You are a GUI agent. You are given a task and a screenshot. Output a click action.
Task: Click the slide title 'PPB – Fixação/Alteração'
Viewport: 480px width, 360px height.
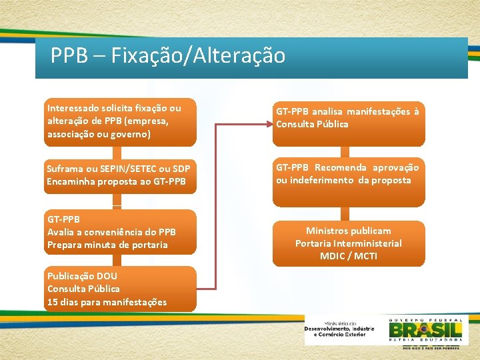click(168, 55)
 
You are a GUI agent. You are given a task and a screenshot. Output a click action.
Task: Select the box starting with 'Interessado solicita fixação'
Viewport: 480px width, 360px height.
click(120, 121)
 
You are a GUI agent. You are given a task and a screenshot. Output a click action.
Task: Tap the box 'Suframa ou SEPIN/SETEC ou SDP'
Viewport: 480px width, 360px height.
click(120, 175)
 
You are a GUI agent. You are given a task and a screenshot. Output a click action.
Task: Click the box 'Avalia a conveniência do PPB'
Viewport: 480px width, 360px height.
click(120, 232)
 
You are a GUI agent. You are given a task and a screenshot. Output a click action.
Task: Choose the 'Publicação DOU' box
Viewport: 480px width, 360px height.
click(120, 289)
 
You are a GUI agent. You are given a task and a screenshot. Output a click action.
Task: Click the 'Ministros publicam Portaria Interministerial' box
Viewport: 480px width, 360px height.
click(348, 243)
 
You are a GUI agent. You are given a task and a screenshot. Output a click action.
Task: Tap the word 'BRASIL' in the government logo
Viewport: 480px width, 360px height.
click(425, 331)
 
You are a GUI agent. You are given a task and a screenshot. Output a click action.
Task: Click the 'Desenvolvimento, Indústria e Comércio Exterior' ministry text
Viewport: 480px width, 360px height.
click(339, 330)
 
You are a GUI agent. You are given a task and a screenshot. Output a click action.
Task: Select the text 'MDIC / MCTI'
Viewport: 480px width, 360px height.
click(348, 256)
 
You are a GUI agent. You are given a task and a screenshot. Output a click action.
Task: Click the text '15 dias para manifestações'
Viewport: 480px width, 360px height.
click(107, 302)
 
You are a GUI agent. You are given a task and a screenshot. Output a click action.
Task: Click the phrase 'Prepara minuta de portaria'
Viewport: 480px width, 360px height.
click(107, 245)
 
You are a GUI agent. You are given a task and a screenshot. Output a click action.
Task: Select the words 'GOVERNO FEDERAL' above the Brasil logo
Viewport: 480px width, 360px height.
click(425, 319)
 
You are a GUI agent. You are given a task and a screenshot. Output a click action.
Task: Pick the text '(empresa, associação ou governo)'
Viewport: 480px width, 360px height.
click(107, 128)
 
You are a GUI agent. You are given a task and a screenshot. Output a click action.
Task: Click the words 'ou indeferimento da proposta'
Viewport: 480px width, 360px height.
click(343, 181)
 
